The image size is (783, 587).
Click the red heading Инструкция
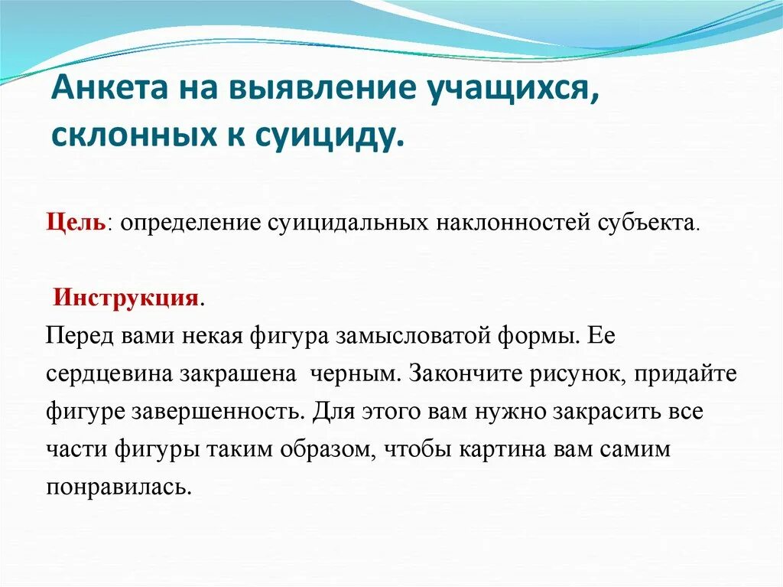[x=126, y=297]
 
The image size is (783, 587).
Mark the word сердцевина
[x=109, y=374]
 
